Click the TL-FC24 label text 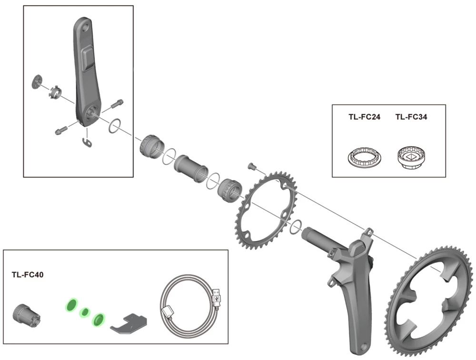tap(364, 117)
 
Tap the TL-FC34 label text tap(411, 117)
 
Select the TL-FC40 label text tap(28, 275)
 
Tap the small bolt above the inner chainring tap(252, 167)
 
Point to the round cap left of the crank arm tap(37, 81)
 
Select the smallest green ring tap(85, 312)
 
